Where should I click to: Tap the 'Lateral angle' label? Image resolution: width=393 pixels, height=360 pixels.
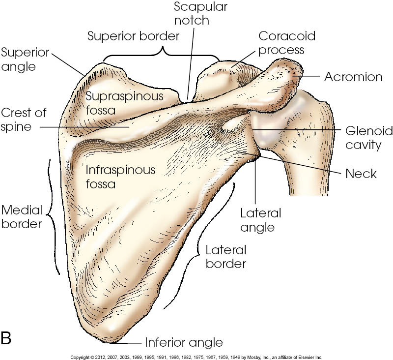point(260,220)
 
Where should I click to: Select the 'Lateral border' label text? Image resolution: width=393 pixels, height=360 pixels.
point(225,256)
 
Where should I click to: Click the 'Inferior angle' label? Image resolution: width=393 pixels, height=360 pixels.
point(184,342)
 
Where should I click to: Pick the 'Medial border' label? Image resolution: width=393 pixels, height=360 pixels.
point(21,217)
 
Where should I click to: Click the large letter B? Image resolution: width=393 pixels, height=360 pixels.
point(7,338)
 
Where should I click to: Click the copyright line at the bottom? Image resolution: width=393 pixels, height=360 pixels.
point(196,357)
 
